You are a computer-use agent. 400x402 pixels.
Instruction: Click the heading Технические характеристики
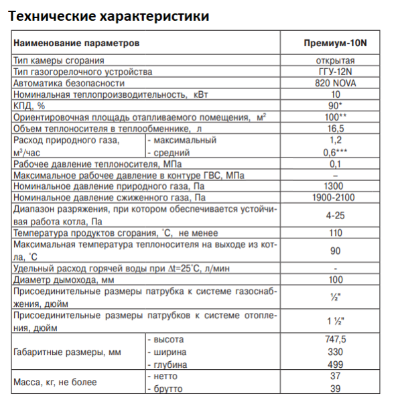pyautogui.click(x=109, y=15)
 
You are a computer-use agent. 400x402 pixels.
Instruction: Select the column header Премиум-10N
pyautogui.click(x=336, y=44)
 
